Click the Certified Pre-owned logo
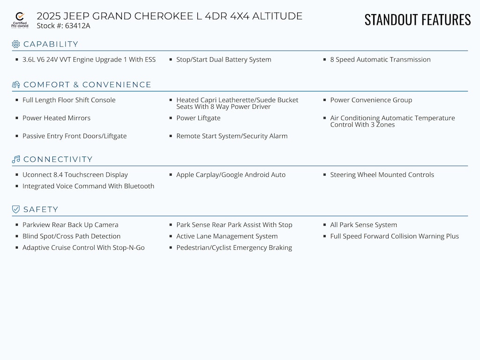tap(20, 20)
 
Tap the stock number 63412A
tap(77, 26)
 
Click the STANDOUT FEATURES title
tap(417, 20)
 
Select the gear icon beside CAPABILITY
tap(16, 44)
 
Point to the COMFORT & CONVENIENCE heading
tap(87, 85)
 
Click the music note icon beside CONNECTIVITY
tap(16, 159)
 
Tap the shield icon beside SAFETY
tap(16, 210)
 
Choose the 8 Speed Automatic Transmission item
tap(380, 60)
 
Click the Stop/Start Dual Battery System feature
tap(224, 60)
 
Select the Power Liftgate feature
tap(198, 118)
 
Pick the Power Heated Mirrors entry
tap(56, 118)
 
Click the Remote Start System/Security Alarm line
tap(232, 136)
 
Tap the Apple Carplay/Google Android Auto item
tap(231, 175)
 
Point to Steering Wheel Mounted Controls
tap(382, 175)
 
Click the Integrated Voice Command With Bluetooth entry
tap(88, 186)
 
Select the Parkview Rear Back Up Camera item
tap(70, 225)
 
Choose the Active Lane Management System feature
tap(227, 236)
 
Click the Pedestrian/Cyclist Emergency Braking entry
tap(234, 247)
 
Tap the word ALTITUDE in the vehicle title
tap(277, 16)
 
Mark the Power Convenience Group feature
tap(371, 100)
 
